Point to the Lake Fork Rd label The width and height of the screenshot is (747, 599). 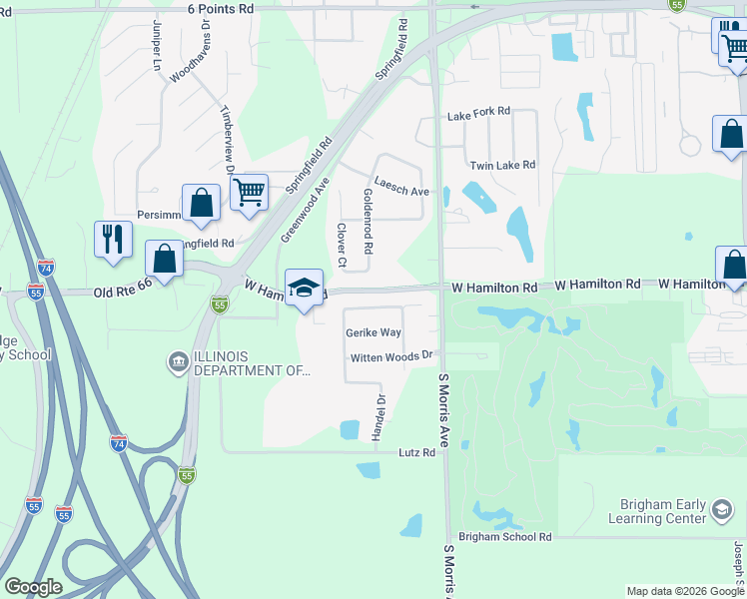(x=478, y=114)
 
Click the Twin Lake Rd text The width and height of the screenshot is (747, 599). (x=502, y=165)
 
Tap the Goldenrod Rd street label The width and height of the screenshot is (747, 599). (x=368, y=221)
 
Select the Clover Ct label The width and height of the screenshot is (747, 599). (x=342, y=246)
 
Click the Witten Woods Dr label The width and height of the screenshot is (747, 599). (x=390, y=356)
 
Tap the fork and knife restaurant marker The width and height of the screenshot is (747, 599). (x=113, y=239)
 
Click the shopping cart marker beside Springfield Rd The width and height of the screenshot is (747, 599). (x=249, y=191)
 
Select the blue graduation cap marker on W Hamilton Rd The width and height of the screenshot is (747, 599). (x=305, y=288)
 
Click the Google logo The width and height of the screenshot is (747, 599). (x=33, y=588)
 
